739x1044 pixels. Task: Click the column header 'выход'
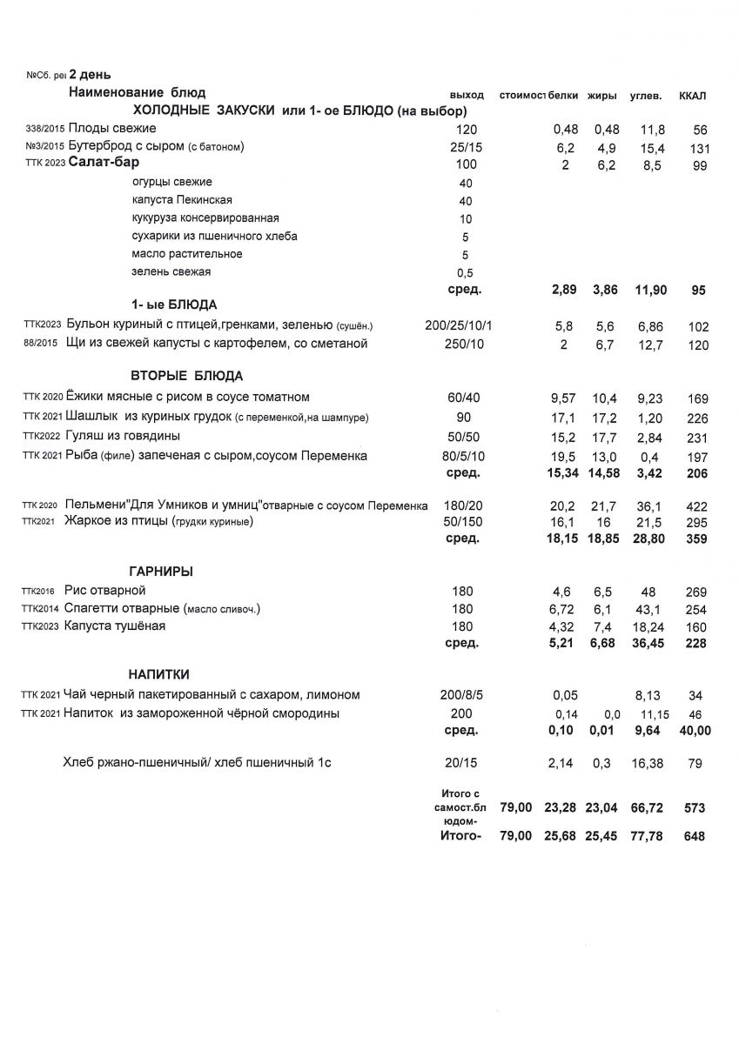point(467,95)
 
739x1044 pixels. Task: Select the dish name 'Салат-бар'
point(104,163)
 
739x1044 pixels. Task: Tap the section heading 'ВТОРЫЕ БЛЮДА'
point(186,376)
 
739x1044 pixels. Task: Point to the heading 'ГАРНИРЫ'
point(161,572)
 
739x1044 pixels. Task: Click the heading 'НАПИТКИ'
point(159,674)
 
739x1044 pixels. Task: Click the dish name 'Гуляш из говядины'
point(123,436)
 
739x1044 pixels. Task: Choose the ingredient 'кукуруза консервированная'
point(205,217)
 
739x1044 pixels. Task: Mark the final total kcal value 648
point(694,837)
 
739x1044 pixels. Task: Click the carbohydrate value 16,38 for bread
point(649,763)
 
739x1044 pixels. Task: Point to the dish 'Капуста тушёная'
point(115,626)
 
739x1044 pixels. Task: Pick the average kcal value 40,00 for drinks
point(694,731)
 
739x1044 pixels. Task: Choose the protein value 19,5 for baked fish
point(564,456)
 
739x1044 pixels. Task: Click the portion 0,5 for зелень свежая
point(466,272)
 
